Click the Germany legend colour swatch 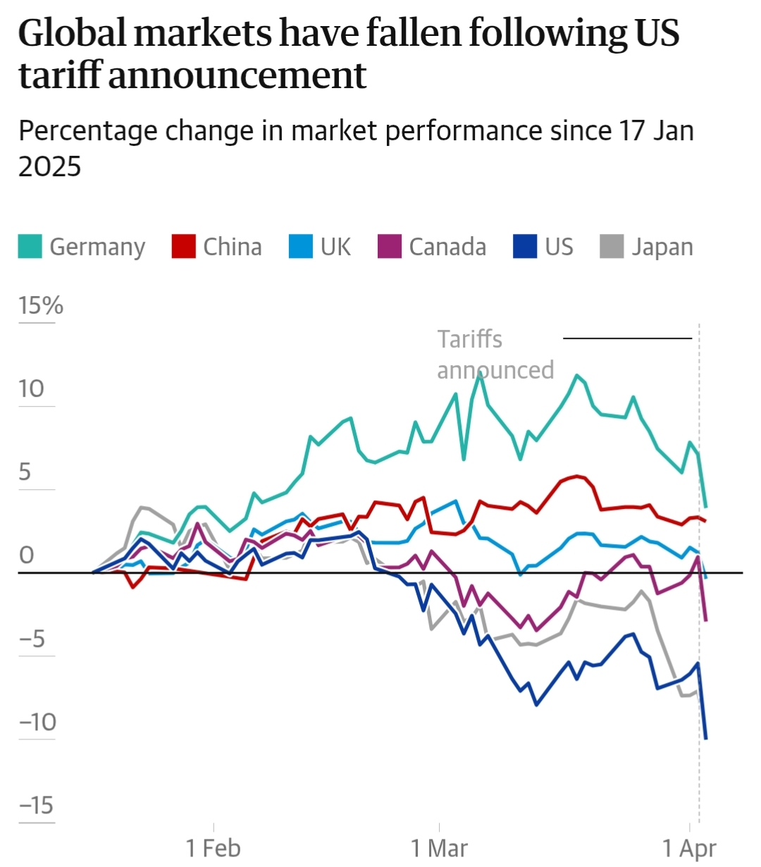(x=30, y=247)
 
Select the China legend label (x=232, y=247)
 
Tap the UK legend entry (x=335, y=247)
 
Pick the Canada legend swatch (x=390, y=247)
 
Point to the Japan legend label (x=662, y=247)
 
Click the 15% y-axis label (x=41, y=305)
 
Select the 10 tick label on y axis (x=32, y=388)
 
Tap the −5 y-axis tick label (x=32, y=639)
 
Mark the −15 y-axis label (x=36, y=805)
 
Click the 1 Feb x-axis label (x=214, y=848)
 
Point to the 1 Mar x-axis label (x=439, y=848)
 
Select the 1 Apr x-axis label (x=689, y=848)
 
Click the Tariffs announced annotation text (x=495, y=355)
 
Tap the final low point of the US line (x=706, y=738)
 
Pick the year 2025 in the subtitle (x=50, y=166)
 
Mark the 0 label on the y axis (x=26, y=555)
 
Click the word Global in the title (x=73, y=33)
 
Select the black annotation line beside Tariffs (x=628, y=339)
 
